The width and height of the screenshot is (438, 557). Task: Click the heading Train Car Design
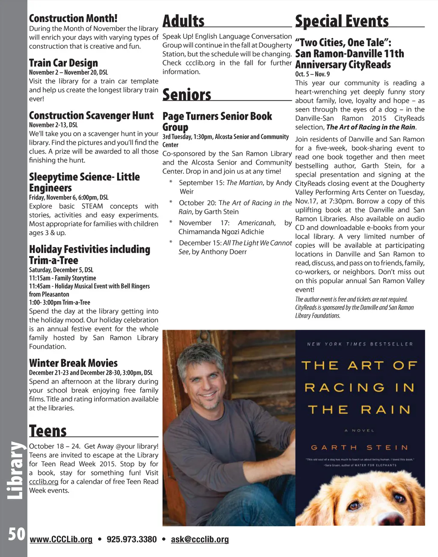(x=63, y=63)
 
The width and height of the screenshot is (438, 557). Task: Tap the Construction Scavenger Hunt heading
(x=91, y=115)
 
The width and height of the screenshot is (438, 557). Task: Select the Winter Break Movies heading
(x=73, y=363)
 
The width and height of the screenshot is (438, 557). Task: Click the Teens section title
(x=48, y=430)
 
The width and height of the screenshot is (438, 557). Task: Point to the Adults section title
(x=183, y=21)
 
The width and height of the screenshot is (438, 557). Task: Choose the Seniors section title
(x=187, y=94)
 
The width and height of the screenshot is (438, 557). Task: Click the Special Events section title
(x=342, y=21)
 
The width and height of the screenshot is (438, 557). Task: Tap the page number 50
(x=17, y=534)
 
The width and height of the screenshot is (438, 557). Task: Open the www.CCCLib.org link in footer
(x=61, y=539)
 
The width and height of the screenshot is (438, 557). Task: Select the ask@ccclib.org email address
(x=200, y=539)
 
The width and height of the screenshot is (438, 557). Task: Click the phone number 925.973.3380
(x=132, y=539)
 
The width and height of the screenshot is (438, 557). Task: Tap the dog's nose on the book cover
(x=392, y=519)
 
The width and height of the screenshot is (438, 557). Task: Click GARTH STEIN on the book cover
(x=359, y=448)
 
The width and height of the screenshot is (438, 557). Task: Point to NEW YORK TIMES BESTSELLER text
(x=360, y=344)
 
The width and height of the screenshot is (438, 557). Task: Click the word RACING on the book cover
(x=344, y=388)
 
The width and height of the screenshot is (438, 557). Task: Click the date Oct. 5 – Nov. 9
(x=312, y=74)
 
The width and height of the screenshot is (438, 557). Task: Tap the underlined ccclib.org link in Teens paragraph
(x=43, y=482)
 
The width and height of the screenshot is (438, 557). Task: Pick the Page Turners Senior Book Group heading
(x=217, y=121)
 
